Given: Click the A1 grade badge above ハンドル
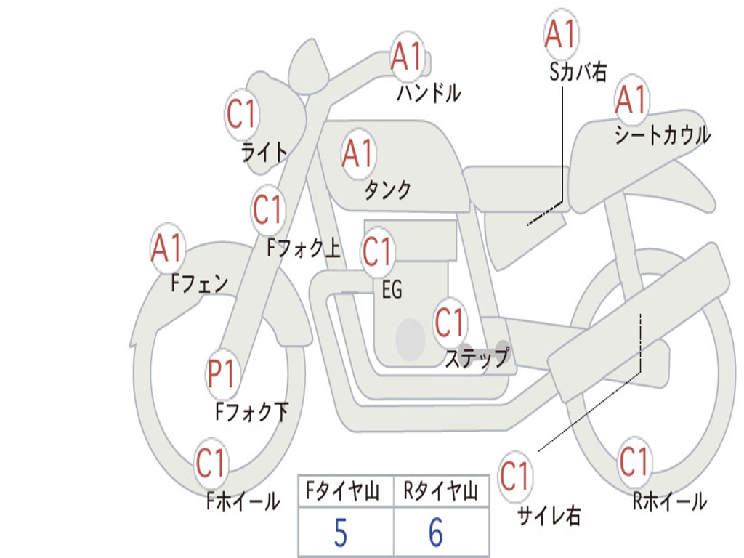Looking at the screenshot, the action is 407,56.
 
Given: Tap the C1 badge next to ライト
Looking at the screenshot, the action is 242,114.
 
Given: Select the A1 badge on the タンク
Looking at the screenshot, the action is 358,154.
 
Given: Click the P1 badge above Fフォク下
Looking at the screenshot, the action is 222,373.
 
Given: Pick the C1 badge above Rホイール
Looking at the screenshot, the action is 634,461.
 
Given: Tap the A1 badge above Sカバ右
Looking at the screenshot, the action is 561,34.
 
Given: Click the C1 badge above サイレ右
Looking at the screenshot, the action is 514,475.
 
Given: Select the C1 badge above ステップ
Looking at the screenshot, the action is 449,322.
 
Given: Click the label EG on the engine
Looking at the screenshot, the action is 392,289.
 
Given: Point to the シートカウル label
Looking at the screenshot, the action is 663,134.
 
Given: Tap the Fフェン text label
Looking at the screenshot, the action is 199,283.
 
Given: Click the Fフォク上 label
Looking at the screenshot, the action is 304,248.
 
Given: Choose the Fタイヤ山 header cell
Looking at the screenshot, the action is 345,491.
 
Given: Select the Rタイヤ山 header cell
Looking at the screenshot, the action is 441,491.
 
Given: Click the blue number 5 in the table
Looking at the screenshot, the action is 341,533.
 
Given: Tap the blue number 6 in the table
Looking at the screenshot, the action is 436,533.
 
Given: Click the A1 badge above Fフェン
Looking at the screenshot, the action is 168,248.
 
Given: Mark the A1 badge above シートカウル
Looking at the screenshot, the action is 631,100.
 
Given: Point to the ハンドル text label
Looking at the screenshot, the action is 429,92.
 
